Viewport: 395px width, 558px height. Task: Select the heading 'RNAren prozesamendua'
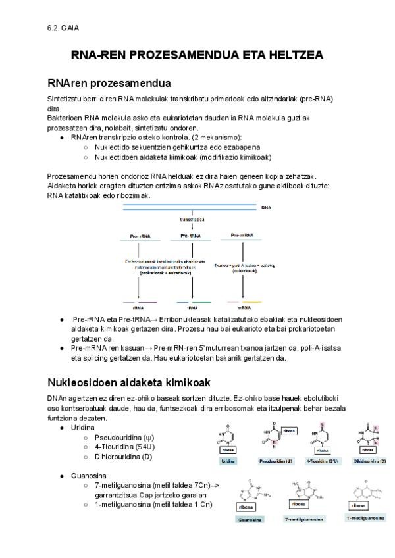[x=109, y=84]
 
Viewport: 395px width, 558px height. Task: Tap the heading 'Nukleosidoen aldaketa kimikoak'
[x=129, y=382]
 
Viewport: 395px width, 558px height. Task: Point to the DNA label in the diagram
[x=266, y=207]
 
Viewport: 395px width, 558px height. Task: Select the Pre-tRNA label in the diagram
[x=190, y=236]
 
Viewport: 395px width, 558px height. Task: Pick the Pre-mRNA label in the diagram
[x=243, y=236]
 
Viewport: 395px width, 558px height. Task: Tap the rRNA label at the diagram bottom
[x=138, y=307]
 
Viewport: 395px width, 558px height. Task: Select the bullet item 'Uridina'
[x=83, y=428]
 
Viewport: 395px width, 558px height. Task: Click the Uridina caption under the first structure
[x=229, y=461]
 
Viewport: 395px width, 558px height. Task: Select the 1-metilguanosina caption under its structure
[x=365, y=518]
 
